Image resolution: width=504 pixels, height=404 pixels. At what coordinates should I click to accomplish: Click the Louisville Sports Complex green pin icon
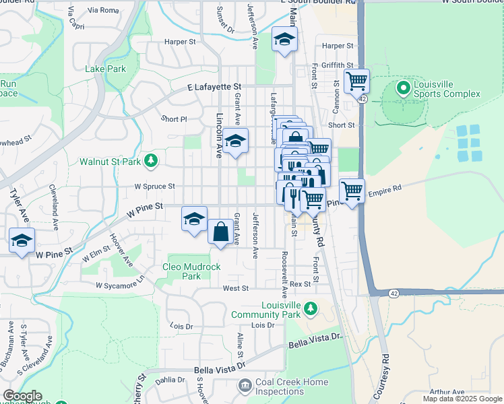click(x=403, y=88)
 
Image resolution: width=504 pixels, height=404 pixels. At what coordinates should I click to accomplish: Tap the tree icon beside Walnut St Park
click(x=152, y=160)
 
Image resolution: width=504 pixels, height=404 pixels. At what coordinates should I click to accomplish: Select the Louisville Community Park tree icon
click(x=310, y=308)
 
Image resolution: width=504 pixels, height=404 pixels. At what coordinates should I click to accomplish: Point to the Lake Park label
click(x=105, y=69)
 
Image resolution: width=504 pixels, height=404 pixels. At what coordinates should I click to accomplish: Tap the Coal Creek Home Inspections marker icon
click(x=244, y=385)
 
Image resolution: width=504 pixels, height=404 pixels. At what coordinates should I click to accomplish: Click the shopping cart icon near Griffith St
click(x=356, y=81)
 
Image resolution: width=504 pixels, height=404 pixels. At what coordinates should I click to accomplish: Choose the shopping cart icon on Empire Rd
click(x=352, y=191)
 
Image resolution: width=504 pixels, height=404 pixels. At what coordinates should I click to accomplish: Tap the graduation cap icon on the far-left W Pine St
click(x=22, y=240)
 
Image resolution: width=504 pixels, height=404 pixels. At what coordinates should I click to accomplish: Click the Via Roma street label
click(x=103, y=10)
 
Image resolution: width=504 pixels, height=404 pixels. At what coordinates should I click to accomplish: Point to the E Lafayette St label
click(x=214, y=87)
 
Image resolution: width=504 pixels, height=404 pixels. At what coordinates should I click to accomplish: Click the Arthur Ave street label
click(x=448, y=392)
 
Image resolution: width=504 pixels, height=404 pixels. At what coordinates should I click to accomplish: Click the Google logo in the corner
click(x=22, y=396)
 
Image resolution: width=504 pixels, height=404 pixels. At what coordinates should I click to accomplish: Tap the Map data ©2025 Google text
click(x=462, y=399)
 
